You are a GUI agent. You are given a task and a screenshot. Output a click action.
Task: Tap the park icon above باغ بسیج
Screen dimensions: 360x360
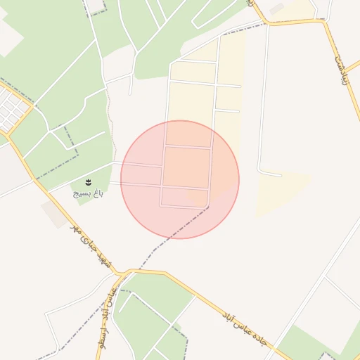[x=87, y=182]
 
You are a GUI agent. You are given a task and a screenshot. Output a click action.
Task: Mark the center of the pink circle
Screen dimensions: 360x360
[x=180, y=179]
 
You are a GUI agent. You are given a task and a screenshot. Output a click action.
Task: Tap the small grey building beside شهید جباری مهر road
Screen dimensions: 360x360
[x=54, y=214]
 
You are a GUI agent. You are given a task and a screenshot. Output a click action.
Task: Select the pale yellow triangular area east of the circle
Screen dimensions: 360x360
[x=278, y=191]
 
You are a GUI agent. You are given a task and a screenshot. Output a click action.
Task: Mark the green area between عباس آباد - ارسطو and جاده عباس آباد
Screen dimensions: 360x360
[x=151, y=309]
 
